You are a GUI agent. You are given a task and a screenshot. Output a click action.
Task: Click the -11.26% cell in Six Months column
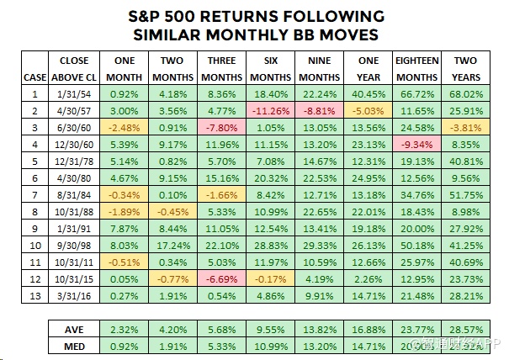coord(272,109)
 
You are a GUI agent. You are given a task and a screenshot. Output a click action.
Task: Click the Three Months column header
coord(221,68)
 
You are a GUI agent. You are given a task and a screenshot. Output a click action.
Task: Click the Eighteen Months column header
coord(417,68)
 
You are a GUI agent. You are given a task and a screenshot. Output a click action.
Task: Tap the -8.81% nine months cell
coord(321,109)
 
